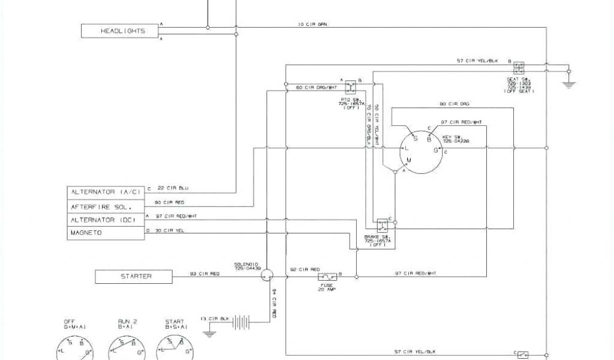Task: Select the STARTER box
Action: coord(134,277)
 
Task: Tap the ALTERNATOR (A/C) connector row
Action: coord(106,192)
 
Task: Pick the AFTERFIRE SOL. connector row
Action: coord(106,206)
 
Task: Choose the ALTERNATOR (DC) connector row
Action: coord(106,220)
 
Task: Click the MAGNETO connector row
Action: coord(106,233)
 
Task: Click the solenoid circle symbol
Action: coord(267,274)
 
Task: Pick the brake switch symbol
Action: coord(381,226)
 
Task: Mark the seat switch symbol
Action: coord(520,67)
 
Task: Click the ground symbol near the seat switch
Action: coord(569,83)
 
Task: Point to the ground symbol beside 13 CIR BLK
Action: coord(208,330)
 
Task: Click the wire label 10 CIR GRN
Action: coord(314,25)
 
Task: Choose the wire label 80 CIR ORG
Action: coord(454,104)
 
